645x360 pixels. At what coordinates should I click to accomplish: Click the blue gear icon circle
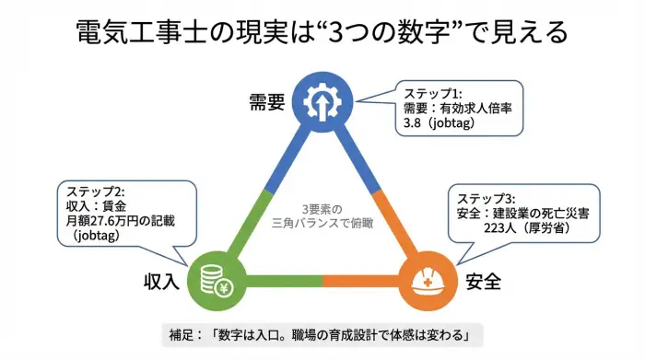pyautogui.click(x=322, y=99)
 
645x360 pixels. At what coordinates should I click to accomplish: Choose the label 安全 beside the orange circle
pyautogui.click(x=484, y=281)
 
